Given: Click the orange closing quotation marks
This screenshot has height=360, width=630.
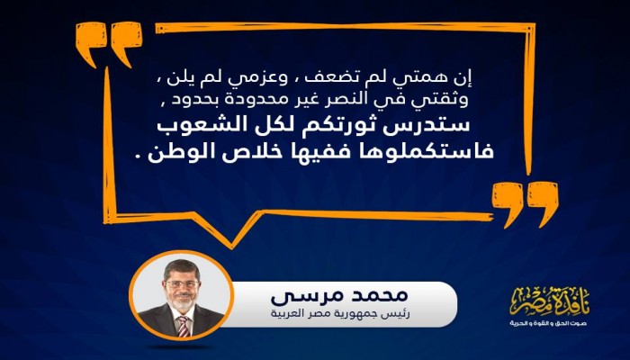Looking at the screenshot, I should [x=521, y=202].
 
